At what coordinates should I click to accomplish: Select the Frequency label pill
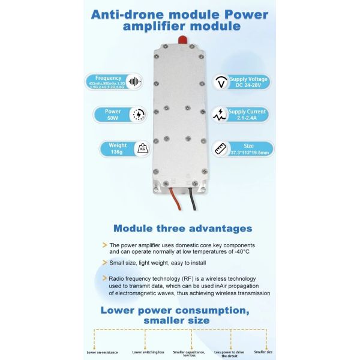(x=108, y=81)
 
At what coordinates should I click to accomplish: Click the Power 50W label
(x=112, y=115)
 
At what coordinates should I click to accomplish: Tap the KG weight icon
(x=143, y=149)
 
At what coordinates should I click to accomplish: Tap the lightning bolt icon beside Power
(x=139, y=115)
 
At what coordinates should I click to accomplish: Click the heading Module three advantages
(x=182, y=228)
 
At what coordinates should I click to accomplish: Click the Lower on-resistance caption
(x=102, y=352)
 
